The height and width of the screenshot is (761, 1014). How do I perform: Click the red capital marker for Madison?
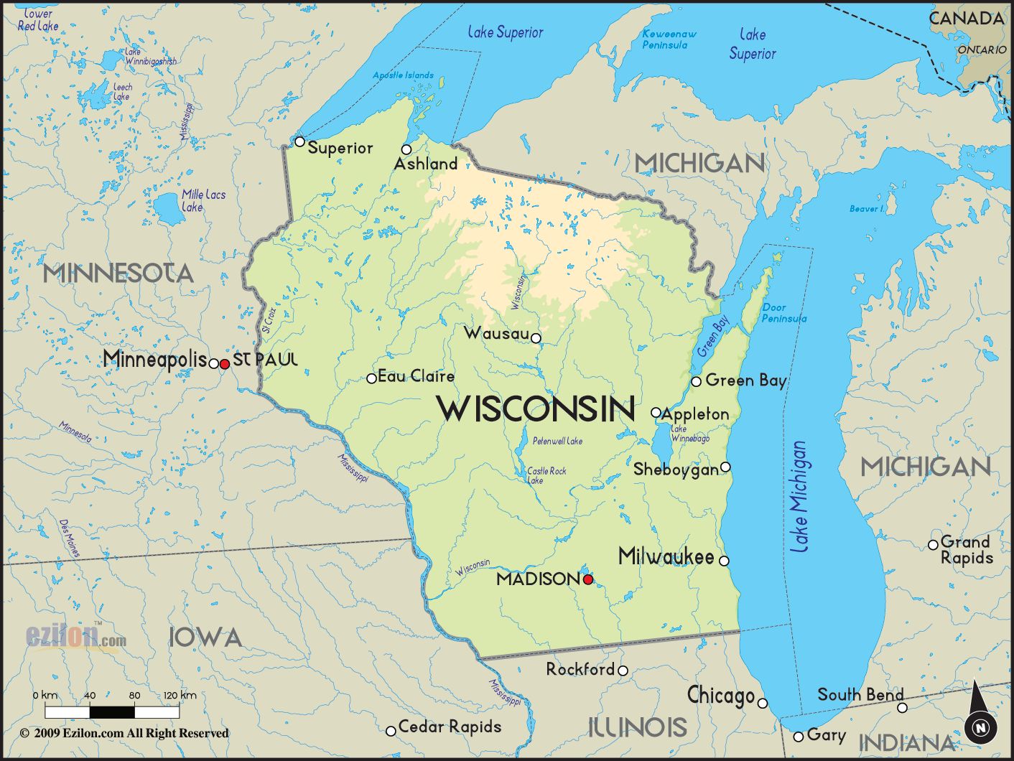coord(587,579)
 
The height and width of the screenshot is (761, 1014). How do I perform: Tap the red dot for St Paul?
coord(224,364)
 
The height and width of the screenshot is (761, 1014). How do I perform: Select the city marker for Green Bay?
coord(696,381)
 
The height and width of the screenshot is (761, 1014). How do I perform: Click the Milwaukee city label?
coord(666,556)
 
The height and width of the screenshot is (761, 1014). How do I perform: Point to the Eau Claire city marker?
coord(371,378)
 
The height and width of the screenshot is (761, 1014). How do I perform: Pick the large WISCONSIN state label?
coord(536,409)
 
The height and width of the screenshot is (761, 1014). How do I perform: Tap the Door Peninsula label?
coord(783,313)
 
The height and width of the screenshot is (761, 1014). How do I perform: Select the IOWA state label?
coord(205,637)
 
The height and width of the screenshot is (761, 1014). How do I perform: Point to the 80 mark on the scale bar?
coord(134,696)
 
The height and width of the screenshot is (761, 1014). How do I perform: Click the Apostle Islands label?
coord(403,75)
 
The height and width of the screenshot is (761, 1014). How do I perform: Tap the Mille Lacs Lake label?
coord(203,200)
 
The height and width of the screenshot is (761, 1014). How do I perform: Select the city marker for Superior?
coord(300,141)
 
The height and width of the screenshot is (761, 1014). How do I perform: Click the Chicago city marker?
coord(763,703)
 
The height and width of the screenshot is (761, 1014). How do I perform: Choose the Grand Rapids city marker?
coord(933,545)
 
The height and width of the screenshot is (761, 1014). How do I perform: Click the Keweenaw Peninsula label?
coord(668,39)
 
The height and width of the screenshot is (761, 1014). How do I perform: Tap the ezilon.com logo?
coord(75,637)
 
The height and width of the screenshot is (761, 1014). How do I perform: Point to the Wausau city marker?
coord(536,337)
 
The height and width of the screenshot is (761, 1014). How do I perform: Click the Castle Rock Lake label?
coord(546,475)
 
